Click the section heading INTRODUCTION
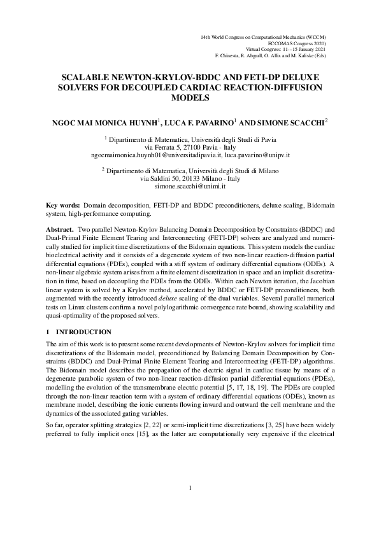pos(83,332)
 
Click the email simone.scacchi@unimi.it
pos(190,187)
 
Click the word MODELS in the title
pos(190,98)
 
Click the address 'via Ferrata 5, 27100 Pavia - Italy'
pos(190,146)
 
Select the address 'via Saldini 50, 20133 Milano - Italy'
pos(190,179)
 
